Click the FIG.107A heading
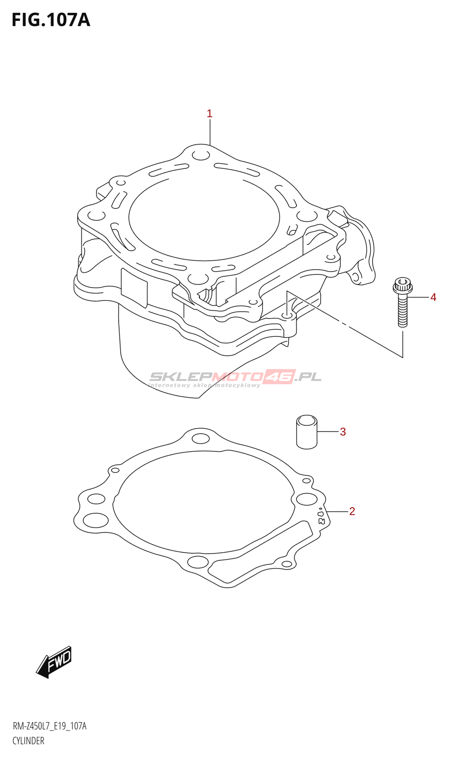tap(51, 20)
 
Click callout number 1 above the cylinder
tap(210, 114)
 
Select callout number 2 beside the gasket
tap(352, 511)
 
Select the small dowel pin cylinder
tap(307, 431)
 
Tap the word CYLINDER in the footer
tap(28, 741)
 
